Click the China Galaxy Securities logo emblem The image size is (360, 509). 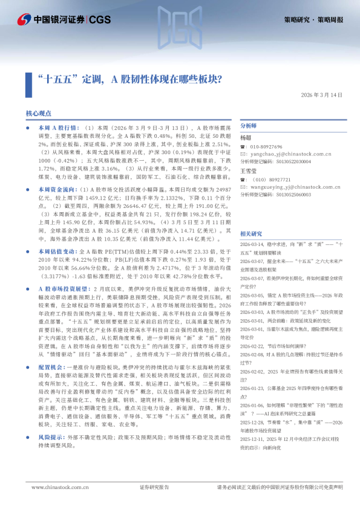[x=24, y=20]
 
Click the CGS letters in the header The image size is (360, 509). [x=99, y=20]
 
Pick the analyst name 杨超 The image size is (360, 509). [x=246, y=138]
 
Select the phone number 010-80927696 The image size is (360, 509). [x=266, y=147]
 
